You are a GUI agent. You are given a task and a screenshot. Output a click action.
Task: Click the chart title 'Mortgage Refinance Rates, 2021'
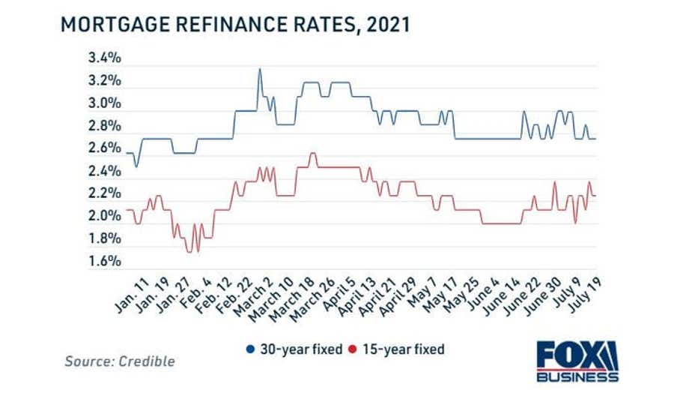point(234,24)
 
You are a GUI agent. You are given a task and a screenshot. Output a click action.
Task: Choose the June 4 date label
point(488,292)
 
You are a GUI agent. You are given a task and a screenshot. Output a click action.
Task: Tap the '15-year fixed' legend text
point(403,349)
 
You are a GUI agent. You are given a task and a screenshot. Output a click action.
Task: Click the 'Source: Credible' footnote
point(120,361)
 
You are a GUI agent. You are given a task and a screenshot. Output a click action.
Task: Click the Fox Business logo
point(577,361)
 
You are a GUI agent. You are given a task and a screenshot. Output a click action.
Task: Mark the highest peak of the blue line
point(260,69)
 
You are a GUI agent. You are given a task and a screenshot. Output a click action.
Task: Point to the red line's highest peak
point(312,154)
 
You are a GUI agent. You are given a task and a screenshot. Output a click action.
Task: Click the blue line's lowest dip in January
point(136,165)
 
